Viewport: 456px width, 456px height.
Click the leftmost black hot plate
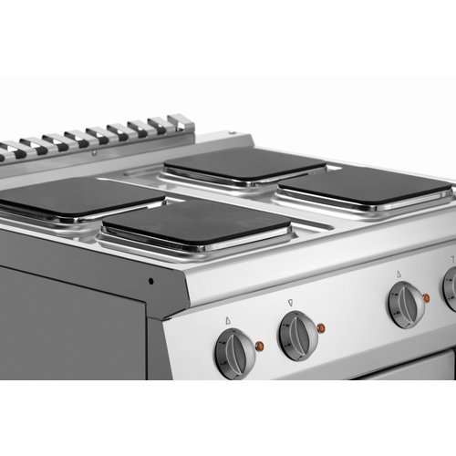pyautogui.click(x=78, y=195)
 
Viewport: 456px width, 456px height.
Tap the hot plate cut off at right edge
pyautogui.click(x=365, y=187)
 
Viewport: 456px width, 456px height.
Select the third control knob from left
pyautogui.click(x=405, y=304)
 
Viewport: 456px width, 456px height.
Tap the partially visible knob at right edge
pyautogui.click(x=451, y=288)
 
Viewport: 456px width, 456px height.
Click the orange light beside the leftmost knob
pyautogui.click(x=260, y=347)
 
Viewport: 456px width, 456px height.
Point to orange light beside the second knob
pyautogui.click(x=321, y=326)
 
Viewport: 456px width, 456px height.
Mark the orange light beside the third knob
pyautogui.click(x=426, y=297)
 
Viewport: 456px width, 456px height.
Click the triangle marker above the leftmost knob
pyautogui.click(x=226, y=320)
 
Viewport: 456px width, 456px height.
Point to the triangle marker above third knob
pyautogui.click(x=398, y=273)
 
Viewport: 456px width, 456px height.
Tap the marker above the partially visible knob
pyautogui.click(x=451, y=260)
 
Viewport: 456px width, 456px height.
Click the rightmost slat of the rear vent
pyautogui.click(x=181, y=122)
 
